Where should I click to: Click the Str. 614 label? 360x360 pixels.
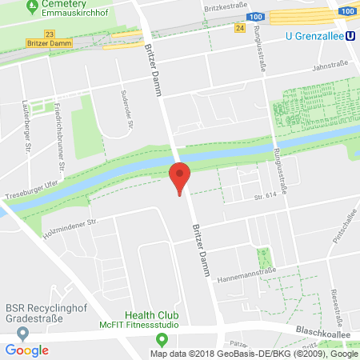point(266,196)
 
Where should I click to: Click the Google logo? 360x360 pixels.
point(26,350)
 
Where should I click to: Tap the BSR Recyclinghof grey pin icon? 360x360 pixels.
point(22,332)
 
